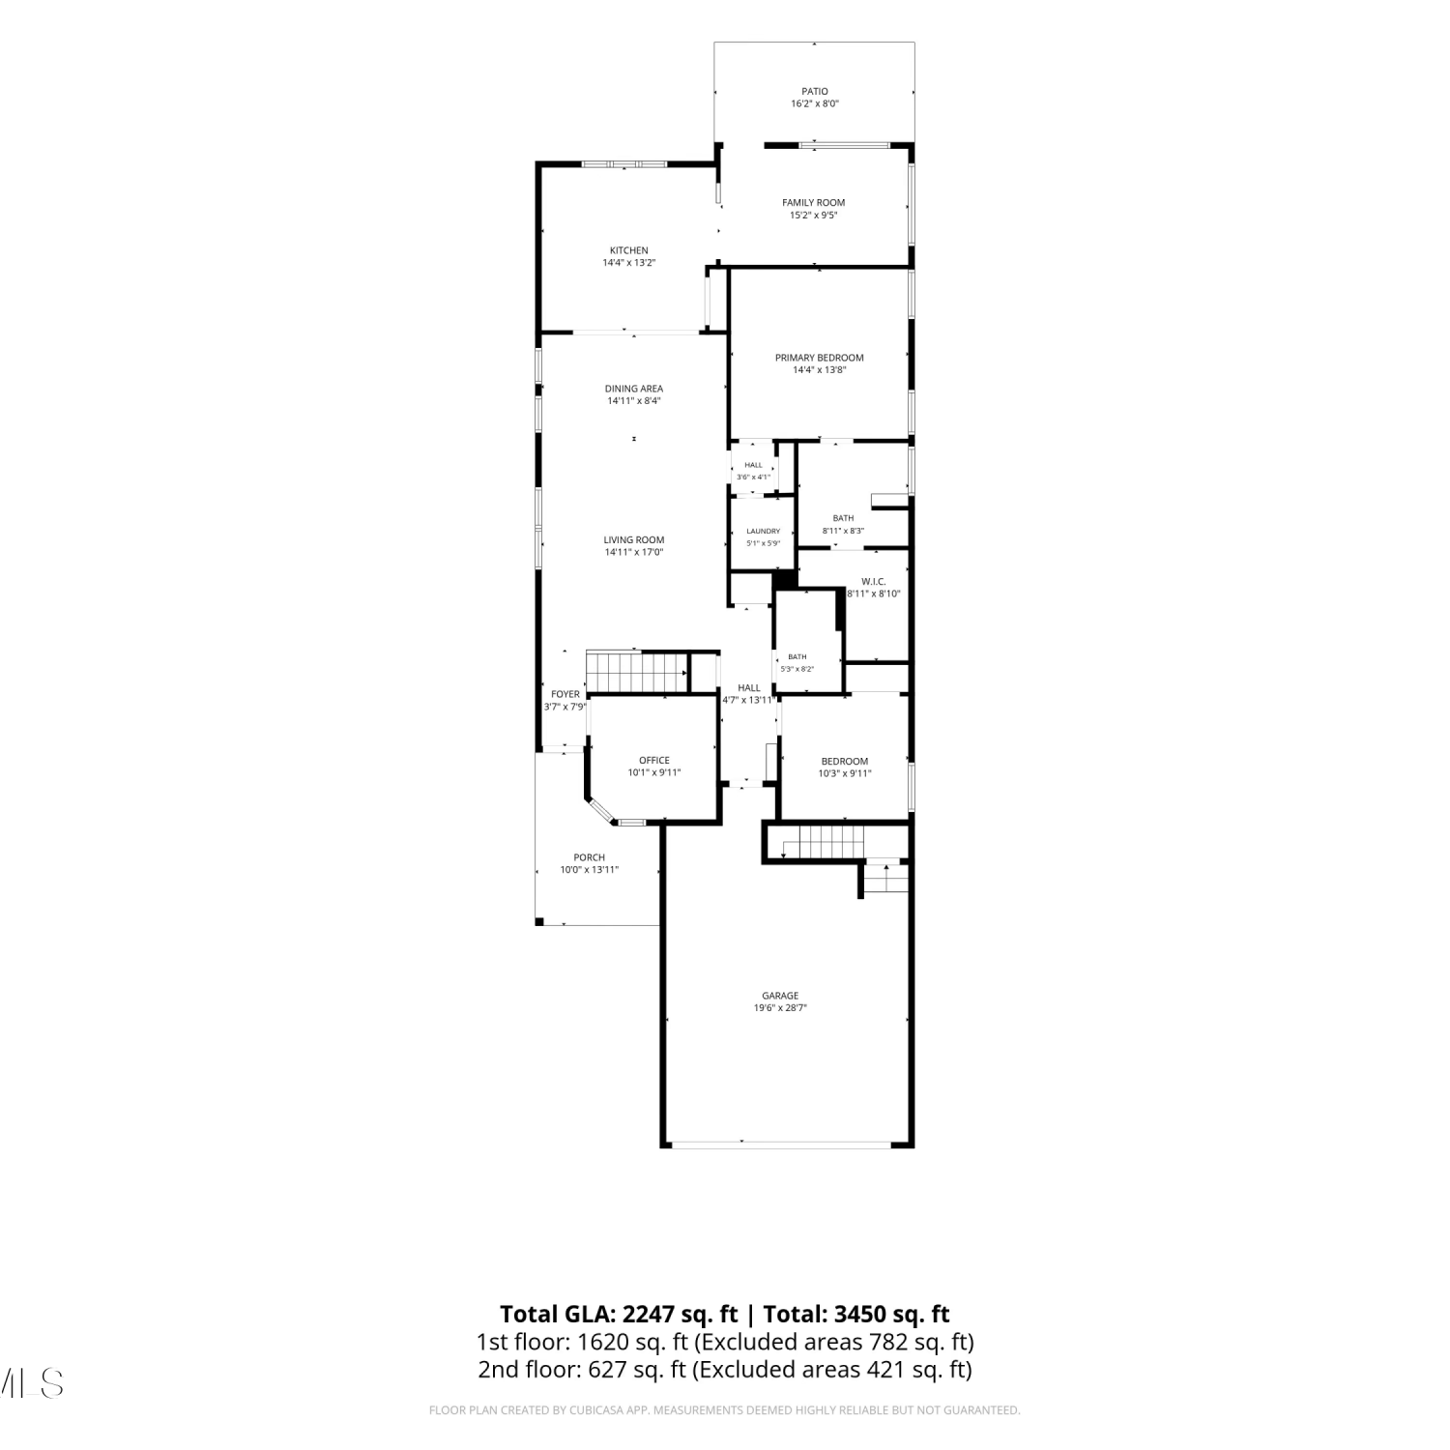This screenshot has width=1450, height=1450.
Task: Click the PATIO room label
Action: pos(815,92)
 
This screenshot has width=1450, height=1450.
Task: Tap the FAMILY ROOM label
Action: pos(814,203)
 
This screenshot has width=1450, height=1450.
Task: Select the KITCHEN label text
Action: pos(629,250)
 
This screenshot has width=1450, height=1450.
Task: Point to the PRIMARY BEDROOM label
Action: pos(820,358)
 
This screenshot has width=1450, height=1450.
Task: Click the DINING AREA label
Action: pos(634,389)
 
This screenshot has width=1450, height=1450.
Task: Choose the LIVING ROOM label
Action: pos(634,540)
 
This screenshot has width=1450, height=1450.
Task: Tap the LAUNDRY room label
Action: pos(764,531)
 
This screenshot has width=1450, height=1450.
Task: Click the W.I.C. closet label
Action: pos(874,581)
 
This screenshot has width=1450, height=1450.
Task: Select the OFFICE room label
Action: pos(654,761)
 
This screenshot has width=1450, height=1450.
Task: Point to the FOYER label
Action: pos(565,694)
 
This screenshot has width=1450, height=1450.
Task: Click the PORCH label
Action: pos(590,857)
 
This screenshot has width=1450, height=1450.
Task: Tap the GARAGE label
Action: pos(780,996)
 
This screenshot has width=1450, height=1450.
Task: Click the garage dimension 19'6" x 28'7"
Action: pos(780,1008)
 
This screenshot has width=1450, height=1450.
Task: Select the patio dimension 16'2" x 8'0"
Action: pos(815,103)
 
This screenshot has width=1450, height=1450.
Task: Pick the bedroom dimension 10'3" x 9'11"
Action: pos(845,773)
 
